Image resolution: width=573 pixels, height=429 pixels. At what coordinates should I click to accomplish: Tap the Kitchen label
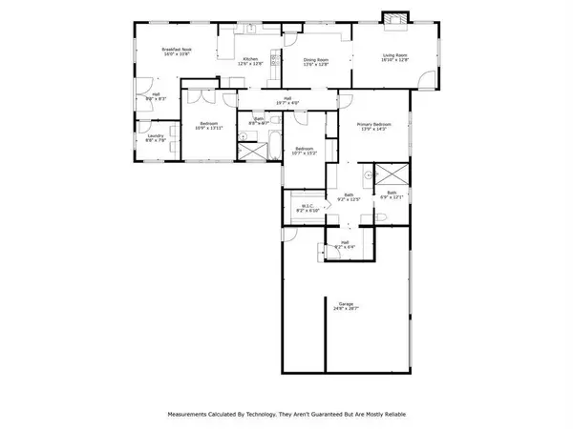pos(251,59)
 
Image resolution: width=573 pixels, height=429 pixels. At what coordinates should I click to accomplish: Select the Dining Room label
pos(316,60)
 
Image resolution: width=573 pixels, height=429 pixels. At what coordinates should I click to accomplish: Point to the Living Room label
pos(395,55)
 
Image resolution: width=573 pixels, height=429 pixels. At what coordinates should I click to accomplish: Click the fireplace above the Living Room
pos(393,19)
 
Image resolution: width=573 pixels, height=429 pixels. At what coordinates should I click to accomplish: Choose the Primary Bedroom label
pos(376,124)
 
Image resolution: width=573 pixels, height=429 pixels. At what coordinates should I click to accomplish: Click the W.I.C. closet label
pos(308,205)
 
